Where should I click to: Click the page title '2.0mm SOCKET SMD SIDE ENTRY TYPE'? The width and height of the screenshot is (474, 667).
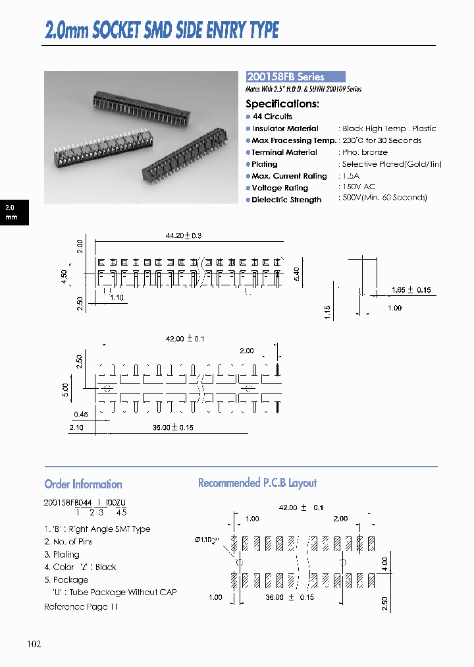[x=162, y=30]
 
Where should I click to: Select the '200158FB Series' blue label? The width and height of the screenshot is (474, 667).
[x=286, y=77]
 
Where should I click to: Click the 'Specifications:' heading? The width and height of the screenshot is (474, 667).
[x=282, y=103]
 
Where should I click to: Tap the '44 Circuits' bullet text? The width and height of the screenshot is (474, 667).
[x=273, y=117]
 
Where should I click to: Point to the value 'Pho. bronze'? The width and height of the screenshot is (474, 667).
[x=365, y=152]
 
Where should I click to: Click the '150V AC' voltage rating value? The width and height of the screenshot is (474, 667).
[x=359, y=187]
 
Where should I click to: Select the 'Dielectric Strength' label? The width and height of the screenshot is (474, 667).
[x=286, y=200]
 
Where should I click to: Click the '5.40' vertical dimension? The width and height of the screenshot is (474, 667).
[x=296, y=274]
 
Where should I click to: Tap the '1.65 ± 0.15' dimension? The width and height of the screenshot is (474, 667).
[x=411, y=290]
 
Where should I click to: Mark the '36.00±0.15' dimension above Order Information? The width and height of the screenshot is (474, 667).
[x=173, y=428]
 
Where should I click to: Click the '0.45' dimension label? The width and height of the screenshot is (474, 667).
[x=81, y=415]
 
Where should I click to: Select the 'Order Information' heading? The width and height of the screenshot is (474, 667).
[x=83, y=484]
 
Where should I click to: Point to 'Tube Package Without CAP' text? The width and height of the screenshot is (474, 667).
[x=120, y=593]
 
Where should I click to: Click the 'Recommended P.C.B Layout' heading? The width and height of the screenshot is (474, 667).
[x=257, y=483]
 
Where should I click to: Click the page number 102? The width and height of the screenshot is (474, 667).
[x=35, y=644]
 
